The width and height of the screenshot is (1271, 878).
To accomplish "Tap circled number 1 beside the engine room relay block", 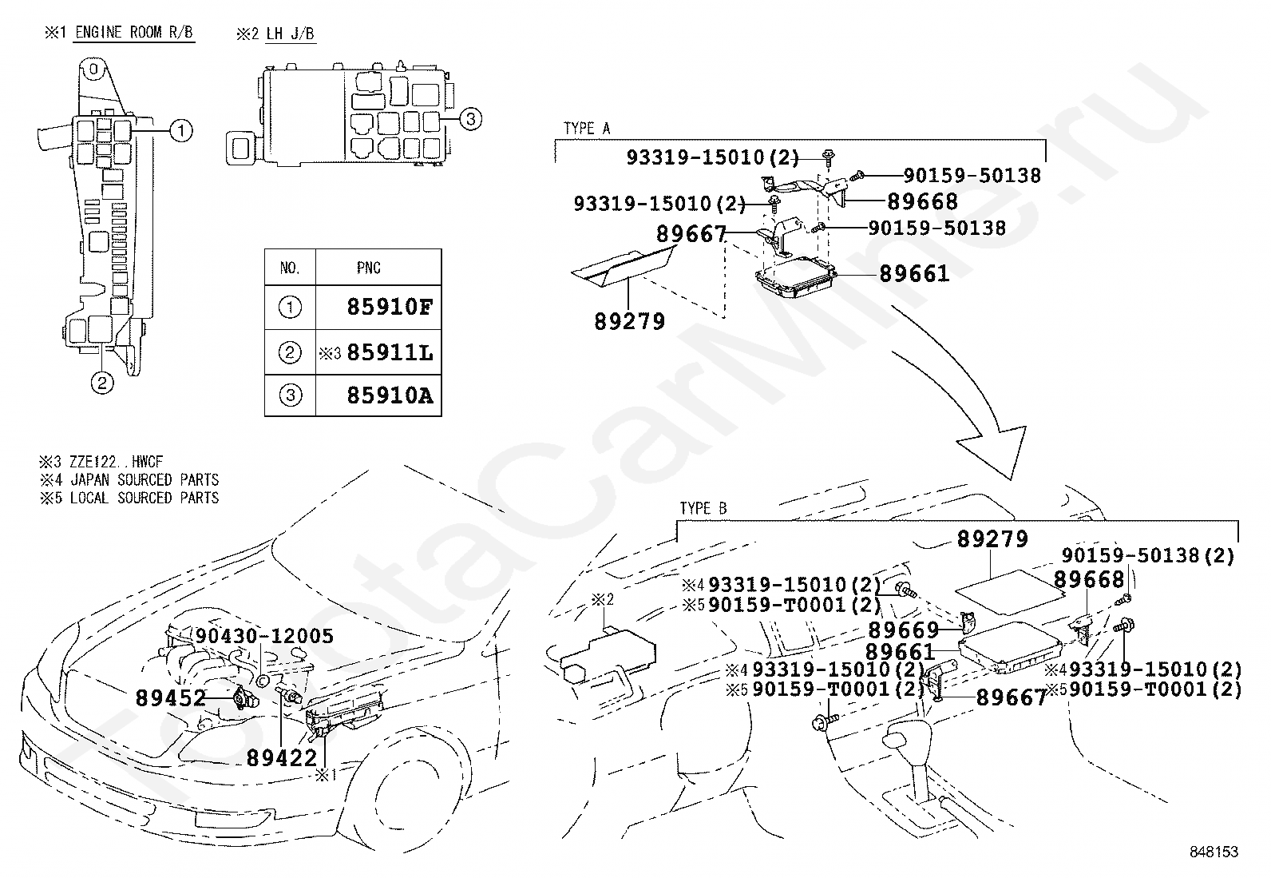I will (x=182, y=130).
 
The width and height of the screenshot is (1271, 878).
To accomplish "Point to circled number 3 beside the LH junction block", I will (x=471, y=120).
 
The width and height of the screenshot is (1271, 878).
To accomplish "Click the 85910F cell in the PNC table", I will (x=390, y=308).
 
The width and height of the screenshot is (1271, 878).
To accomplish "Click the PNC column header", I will (x=369, y=268).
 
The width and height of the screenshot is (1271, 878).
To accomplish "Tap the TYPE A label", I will (x=587, y=129).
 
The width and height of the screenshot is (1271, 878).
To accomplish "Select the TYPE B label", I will (x=703, y=509).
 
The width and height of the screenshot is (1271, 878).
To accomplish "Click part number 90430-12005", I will (x=264, y=637).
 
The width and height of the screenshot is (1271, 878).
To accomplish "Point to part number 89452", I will (x=171, y=698).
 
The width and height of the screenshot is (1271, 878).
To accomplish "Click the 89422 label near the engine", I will (x=282, y=757).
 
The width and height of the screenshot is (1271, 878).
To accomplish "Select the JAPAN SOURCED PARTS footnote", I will (x=144, y=480).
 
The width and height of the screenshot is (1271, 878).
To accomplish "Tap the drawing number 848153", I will (x=1214, y=852).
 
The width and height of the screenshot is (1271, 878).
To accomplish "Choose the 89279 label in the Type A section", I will (x=629, y=322).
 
